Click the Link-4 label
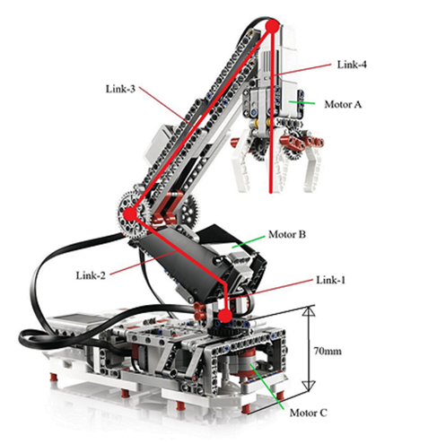click(x=351, y=65)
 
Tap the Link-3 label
click(x=120, y=87)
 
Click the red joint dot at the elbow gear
click(x=130, y=214)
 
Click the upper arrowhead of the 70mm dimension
click(x=309, y=312)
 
